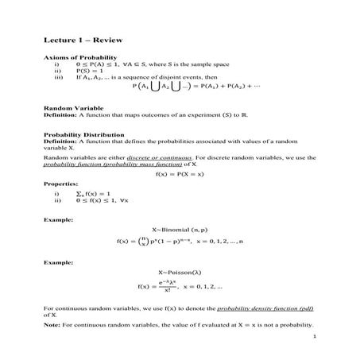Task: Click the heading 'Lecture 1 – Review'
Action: [77, 39]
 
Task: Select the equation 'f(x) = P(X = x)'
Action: [180, 172]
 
